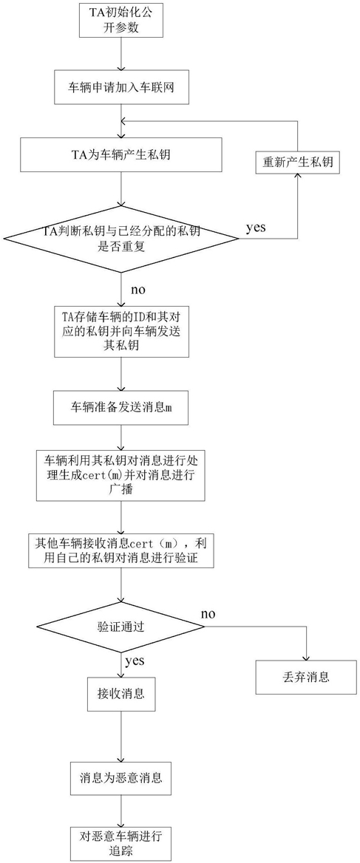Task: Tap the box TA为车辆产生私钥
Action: click(120, 154)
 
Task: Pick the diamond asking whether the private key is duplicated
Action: click(120, 238)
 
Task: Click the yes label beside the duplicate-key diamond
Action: click(257, 228)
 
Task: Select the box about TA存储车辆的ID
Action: click(120, 332)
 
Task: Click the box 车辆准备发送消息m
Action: click(120, 408)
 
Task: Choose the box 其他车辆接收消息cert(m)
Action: click(120, 549)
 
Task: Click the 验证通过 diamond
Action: click(120, 627)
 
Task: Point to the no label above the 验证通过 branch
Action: click(208, 614)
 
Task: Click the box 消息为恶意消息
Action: click(120, 778)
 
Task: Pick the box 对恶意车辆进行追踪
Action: click(120, 840)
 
